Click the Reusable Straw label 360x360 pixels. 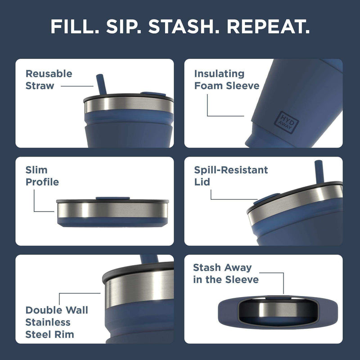pyautogui.click(x=49, y=79)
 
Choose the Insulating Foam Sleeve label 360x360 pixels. pyautogui.click(x=226, y=79)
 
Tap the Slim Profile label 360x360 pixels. pyautogui.click(x=42, y=176)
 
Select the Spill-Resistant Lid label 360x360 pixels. pyautogui.click(x=231, y=176)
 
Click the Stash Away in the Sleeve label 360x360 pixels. pyautogui.click(x=225, y=274)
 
